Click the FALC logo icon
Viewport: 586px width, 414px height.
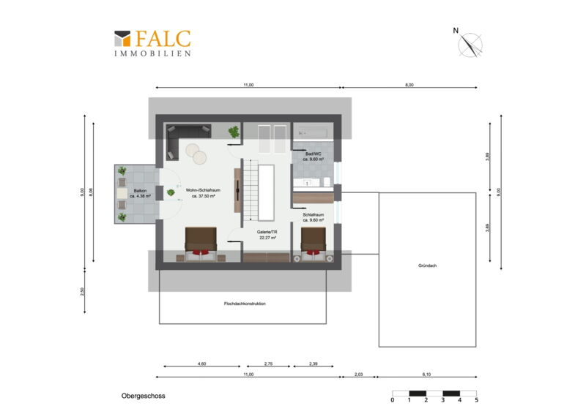122,39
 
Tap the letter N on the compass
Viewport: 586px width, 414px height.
456,31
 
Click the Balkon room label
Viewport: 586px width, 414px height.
140,191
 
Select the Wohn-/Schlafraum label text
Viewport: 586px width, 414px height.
203,190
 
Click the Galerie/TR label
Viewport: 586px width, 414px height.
267,232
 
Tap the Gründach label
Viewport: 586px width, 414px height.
427,266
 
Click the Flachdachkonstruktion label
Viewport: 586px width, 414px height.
245,304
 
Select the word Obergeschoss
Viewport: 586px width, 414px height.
143,396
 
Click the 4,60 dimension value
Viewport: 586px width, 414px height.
201,364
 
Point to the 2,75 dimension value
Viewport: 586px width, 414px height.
268,364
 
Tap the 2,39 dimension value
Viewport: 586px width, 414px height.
314,364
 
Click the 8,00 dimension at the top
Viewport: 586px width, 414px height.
409,85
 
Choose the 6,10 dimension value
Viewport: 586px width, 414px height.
426,374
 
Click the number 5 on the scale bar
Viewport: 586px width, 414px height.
477,400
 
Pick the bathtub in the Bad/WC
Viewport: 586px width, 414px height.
313,132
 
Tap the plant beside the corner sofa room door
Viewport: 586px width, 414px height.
234,132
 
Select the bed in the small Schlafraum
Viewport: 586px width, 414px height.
314,244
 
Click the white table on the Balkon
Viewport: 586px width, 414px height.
122,193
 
